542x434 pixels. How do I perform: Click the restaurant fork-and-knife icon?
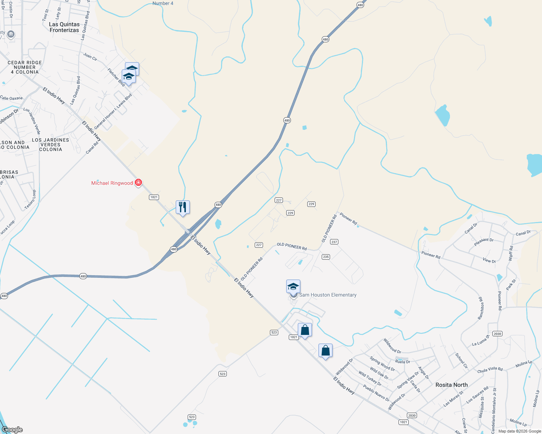[x=183, y=207]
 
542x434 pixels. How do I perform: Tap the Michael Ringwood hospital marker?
[x=138, y=183]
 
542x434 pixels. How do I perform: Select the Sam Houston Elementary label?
[x=328, y=295]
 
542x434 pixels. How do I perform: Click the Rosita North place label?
[x=451, y=385]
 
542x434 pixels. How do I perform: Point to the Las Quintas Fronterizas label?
[x=64, y=27]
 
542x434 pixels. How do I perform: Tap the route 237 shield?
[x=334, y=242]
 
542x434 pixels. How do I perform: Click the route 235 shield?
[x=326, y=257]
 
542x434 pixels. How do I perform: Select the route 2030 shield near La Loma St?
[x=497, y=333]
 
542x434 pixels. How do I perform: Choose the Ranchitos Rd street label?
[x=481, y=309]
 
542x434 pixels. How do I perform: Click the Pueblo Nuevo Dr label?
[x=376, y=393]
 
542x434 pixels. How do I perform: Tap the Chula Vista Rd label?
[x=490, y=370]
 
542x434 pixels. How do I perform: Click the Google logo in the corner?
[x=12, y=430]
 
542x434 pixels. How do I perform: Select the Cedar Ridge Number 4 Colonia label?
[x=25, y=67]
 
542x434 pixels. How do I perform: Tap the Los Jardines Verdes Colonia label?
[x=50, y=145]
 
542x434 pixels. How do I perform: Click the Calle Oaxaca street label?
[x=11, y=98]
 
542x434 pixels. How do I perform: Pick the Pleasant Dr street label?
[x=484, y=242]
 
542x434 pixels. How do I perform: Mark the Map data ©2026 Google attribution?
[x=520, y=431]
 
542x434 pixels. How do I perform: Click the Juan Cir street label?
[x=90, y=57]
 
